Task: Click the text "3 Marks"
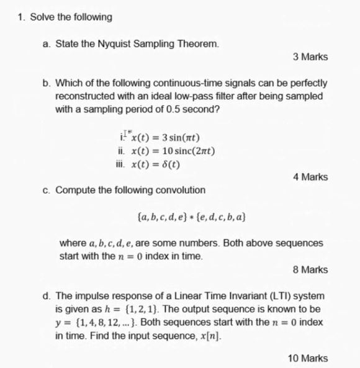tap(310, 57)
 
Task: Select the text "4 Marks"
tap(310, 177)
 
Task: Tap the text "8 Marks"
tap(310, 270)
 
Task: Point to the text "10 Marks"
tap(308, 358)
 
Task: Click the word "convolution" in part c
tap(181, 190)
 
